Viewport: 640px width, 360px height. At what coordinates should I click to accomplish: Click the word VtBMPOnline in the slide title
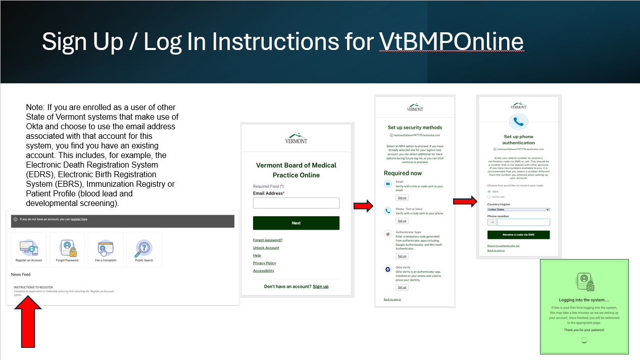point(451,41)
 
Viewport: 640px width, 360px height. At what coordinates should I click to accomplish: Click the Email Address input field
point(296,203)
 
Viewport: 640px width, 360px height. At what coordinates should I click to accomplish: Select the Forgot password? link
point(268,240)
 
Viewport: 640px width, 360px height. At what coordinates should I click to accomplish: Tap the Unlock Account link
point(266,248)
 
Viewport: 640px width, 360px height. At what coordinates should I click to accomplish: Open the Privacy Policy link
point(265,263)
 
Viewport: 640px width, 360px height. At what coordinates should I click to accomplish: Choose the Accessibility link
point(264,271)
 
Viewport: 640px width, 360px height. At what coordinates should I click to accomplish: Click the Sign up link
point(320,286)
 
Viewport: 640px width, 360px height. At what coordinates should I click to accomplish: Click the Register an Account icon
point(29,247)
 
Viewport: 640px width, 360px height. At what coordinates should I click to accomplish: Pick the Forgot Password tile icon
point(67,247)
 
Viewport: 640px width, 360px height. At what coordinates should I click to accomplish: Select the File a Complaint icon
point(106,247)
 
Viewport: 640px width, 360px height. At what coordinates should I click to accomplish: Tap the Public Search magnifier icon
point(144,247)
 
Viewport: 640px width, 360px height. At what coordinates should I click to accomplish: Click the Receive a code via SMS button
point(518,235)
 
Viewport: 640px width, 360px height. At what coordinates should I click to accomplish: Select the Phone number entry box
point(523,222)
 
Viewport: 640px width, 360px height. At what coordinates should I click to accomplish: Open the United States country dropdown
point(518,209)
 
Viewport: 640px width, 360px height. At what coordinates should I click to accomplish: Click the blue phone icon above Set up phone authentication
point(519,122)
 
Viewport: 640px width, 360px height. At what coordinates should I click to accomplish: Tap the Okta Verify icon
point(387,270)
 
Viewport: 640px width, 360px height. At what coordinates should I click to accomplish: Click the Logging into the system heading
point(583,300)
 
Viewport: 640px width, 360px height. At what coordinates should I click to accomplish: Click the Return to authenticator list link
point(503,246)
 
